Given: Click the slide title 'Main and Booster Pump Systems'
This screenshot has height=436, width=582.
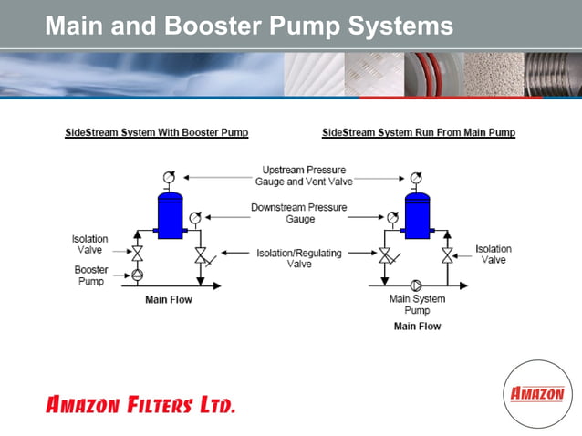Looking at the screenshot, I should [x=248, y=26].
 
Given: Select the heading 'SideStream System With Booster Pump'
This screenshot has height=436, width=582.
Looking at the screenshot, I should [x=157, y=133].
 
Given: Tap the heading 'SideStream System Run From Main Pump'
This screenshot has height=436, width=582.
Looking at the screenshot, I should [x=419, y=133].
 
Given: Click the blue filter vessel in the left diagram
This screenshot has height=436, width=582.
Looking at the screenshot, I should [x=171, y=215].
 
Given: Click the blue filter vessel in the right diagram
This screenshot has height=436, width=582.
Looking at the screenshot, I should [x=417, y=215].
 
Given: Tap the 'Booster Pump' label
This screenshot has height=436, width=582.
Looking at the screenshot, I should [x=91, y=275].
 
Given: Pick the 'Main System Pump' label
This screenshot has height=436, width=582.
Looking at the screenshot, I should [x=417, y=305].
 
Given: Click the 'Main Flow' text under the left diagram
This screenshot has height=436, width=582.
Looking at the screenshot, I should [x=169, y=300].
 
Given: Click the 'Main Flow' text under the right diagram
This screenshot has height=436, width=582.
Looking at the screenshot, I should [x=417, y=326].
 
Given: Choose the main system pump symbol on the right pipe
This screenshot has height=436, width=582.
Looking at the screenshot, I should [x=417, y=285].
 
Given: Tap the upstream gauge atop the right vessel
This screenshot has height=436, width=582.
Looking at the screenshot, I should [x=416, y=177].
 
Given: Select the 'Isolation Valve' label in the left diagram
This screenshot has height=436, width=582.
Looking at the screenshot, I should [x=90, y=244].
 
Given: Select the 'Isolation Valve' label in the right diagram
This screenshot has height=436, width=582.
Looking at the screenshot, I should [x=494, y=254].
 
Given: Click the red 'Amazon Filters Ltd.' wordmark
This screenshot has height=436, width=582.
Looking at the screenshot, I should [x=140, y=404].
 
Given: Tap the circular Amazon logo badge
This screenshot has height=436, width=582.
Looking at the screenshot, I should [x=536, y=394].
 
